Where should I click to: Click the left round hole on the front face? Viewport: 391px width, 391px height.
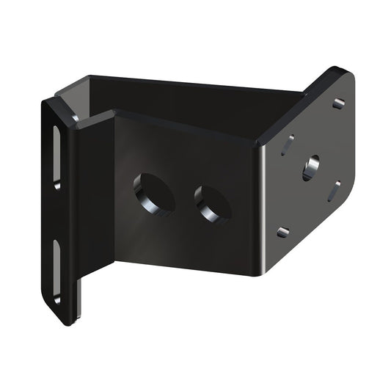[153, 193]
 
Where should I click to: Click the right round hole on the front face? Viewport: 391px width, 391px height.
[213, 203]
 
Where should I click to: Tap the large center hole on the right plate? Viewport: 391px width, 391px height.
[310, 168]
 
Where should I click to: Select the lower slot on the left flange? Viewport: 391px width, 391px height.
[56, 271]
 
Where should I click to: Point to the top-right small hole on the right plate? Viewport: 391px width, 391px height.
[338, 104]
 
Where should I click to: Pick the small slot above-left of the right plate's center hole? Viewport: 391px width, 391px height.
[288, 145]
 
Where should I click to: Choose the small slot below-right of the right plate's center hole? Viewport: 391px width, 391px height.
[334, 191]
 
